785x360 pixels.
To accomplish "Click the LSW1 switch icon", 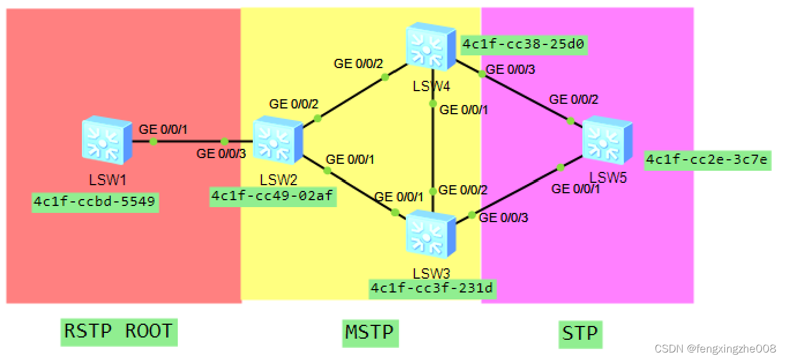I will coord(107,138).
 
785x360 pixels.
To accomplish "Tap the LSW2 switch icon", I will coord(278,138).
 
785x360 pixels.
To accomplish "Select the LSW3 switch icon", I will coord(431,235).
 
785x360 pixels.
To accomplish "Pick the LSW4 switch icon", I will coord(431,45).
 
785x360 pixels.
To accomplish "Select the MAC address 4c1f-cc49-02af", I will coord(272,196).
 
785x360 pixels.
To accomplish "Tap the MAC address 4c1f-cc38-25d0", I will coord(524,44).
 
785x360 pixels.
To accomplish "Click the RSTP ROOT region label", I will coord(118,332).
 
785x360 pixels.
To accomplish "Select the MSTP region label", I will coord(369,332).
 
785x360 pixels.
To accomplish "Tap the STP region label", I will coord(580,333).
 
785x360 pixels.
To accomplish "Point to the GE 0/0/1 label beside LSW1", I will coord(163,129).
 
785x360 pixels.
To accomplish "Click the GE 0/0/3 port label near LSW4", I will coord(510,70).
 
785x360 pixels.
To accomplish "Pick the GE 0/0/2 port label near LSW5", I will coord(573,99).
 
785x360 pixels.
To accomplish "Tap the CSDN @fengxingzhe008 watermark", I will coord(716,348).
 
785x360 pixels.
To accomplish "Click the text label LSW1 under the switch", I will coord(107,180).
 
